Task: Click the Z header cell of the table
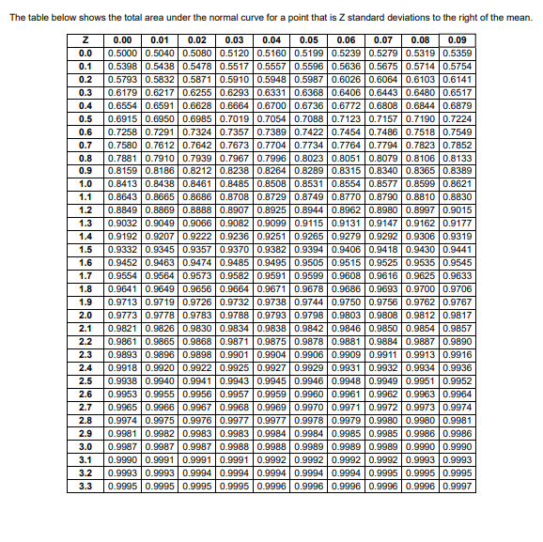[85, 39]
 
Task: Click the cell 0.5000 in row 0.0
[121, 53]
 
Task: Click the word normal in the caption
[196, 16]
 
